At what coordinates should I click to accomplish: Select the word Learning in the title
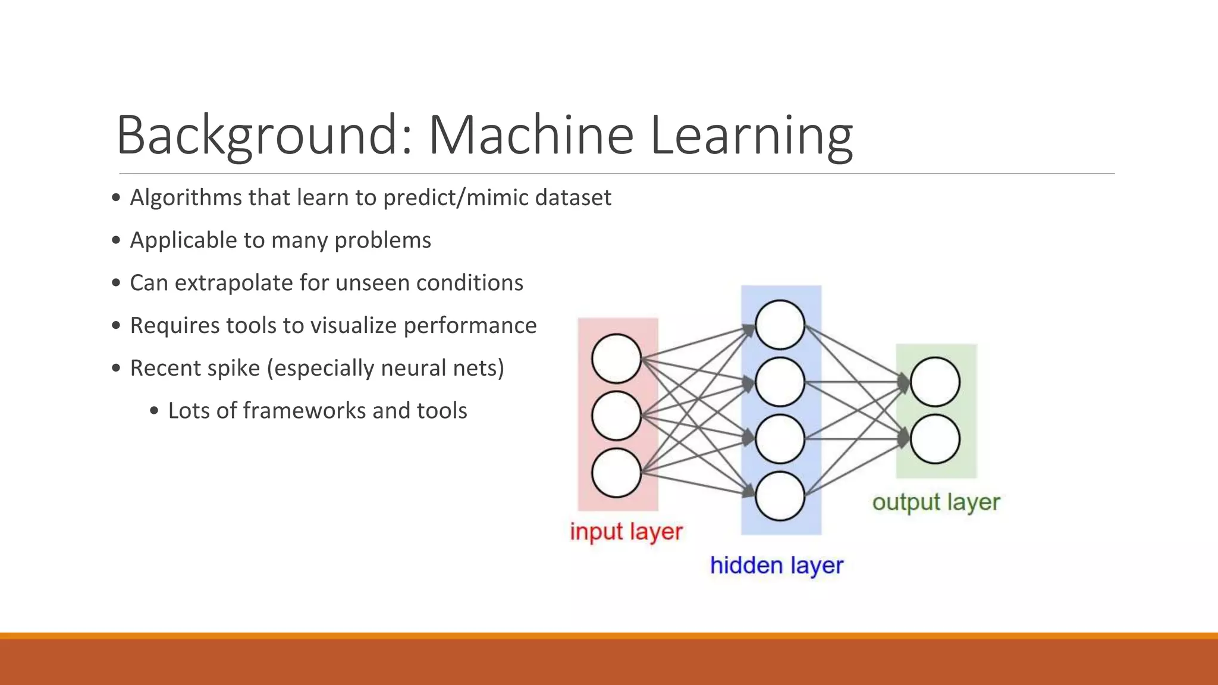752,136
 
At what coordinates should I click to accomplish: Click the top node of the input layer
616,359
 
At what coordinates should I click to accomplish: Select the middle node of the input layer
616,416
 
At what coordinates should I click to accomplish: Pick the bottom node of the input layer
616,473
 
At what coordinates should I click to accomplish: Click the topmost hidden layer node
780,325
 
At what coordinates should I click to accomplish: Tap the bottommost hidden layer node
780,496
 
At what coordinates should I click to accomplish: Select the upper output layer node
935,382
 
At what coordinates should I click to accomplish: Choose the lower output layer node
935,439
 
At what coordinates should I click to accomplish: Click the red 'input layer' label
626,532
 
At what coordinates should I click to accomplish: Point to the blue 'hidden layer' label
776,565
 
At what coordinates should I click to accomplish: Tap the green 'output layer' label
936,502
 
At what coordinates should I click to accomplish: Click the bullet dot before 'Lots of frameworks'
155,411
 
